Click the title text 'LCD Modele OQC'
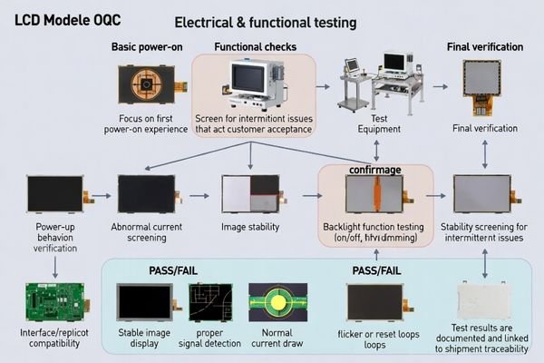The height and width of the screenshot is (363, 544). click(69, 18)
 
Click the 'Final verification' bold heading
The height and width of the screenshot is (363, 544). click(486, 47)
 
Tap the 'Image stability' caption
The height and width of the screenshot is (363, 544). click(250, 227)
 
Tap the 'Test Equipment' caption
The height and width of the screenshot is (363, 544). click(374, 124)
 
